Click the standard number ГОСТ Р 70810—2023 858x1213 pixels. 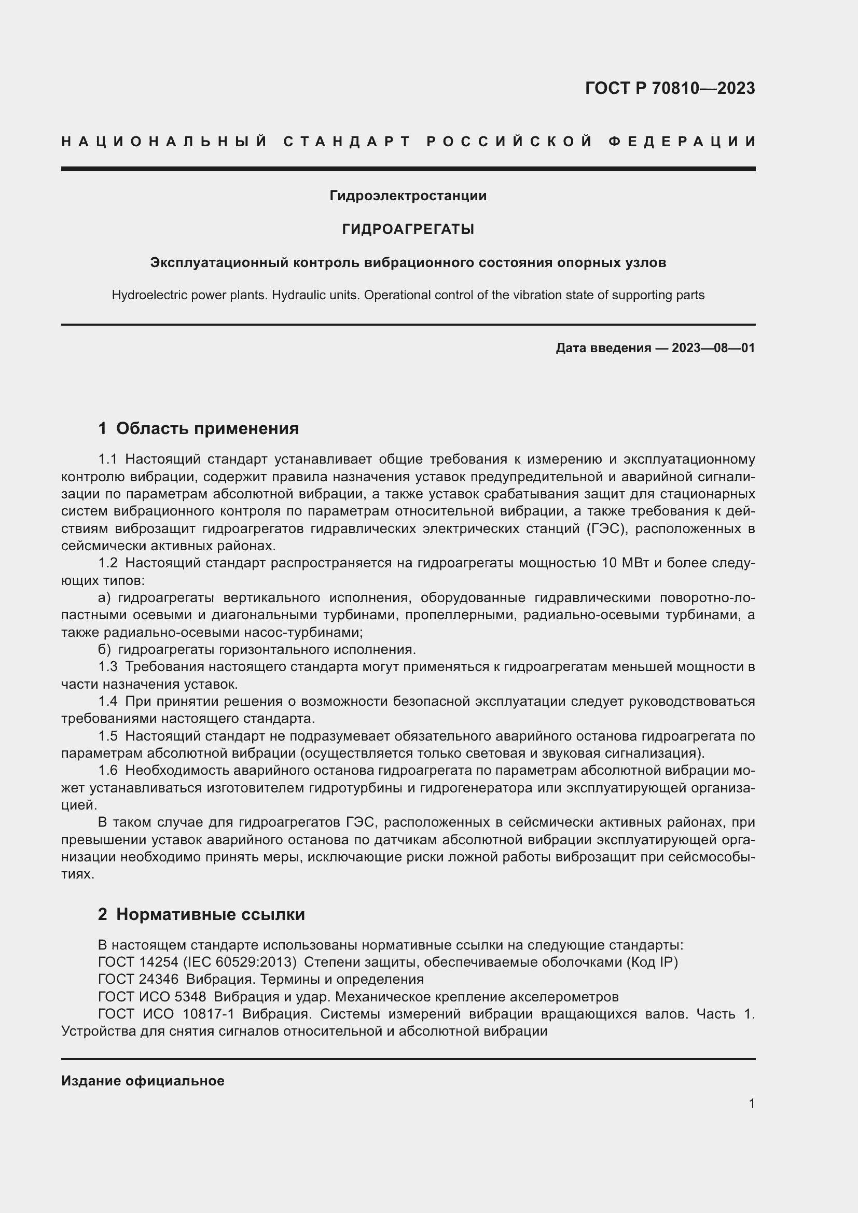tap(669, 88)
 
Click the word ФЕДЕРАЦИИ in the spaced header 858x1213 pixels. tap(682, 142)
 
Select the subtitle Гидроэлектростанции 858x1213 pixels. tap(408, 196)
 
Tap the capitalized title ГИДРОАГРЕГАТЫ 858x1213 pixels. tap(408, 229)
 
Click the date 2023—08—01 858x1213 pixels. tap(713, 347)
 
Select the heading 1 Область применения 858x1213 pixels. tap(198, 428)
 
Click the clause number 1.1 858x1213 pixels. tap(108, 458)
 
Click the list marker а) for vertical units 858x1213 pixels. tap(104, 597)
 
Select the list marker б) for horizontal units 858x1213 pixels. tap(104, 649)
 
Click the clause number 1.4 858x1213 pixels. tap(108, 701)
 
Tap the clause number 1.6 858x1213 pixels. tap(108, 770)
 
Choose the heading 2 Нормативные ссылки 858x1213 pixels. tap(201, 914)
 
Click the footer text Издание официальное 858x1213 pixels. tap(143, 1080)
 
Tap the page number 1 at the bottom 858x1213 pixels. tap(751, 1103)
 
